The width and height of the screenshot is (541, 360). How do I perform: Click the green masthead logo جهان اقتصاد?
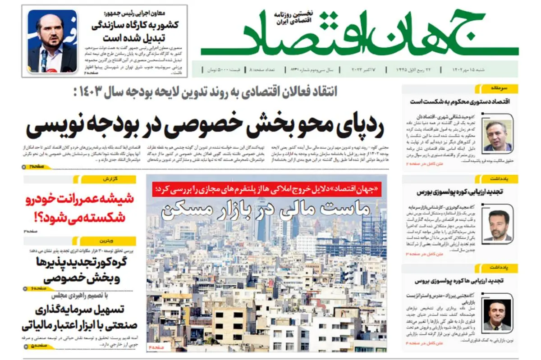[x=361, y=34]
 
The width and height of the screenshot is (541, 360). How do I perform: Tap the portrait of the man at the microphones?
[x=52, y=41]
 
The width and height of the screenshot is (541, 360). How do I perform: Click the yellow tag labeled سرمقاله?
[x=500, y=89]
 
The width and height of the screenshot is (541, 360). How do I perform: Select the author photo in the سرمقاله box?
[x=497, y=135]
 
